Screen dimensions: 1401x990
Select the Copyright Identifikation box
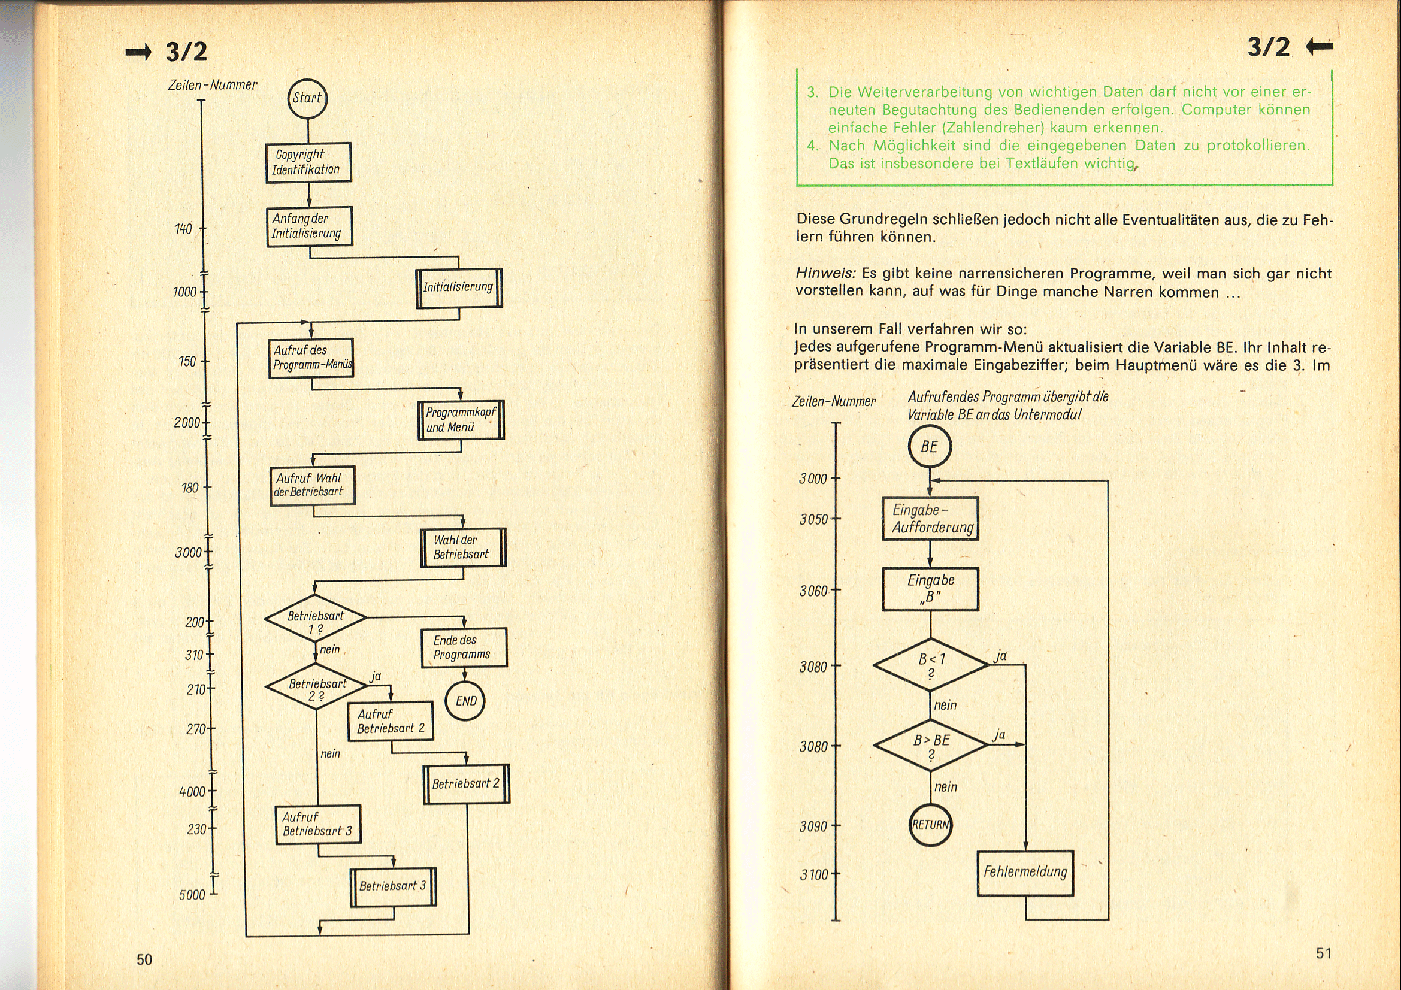coord(308,162)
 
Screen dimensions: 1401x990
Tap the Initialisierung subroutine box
coord(458,287)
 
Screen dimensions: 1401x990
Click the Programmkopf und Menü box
coord(461,420)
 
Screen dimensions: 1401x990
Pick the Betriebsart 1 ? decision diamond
coord(315,618)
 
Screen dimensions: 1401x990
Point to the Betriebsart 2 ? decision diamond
coord(316,686)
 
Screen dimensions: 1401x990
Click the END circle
coord(465,701)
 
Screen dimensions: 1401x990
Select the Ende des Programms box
coord(464,647)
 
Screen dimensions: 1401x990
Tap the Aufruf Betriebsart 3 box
coord(318,824)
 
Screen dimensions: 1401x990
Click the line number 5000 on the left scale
coord(192,895)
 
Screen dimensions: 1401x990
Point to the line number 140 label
coord(183,229)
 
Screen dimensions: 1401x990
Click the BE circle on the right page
coord(930,447)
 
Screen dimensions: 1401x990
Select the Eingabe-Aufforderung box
coord(930,519)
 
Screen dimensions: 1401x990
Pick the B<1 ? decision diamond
coord(931,665)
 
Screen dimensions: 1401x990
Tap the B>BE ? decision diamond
coord(931,746)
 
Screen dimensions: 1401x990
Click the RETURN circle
coord(930,825)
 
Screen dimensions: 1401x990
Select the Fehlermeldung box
coord(1025,873)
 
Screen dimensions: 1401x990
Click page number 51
coord(1324,953)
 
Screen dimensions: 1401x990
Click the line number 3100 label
coord(814,876)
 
